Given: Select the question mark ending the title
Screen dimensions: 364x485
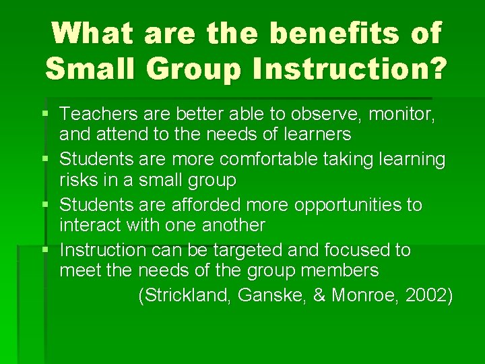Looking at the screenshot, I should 435,68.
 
